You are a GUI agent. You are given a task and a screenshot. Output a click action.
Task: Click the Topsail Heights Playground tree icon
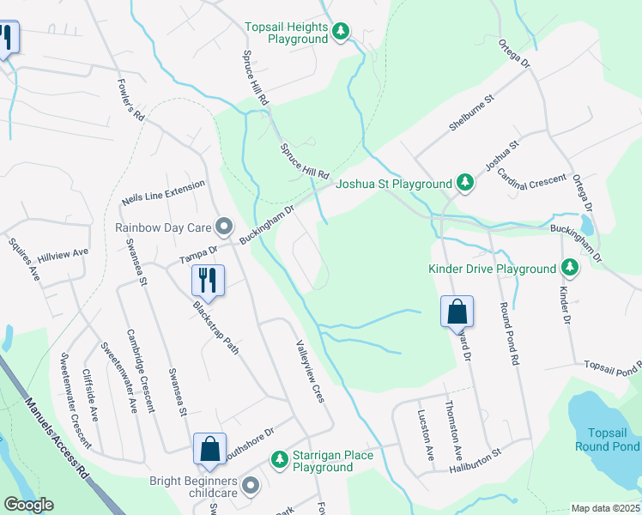coord(342,32)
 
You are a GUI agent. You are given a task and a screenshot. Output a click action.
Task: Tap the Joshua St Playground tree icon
coord(464,183)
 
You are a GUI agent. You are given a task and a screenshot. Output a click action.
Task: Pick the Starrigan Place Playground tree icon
coord(279,460)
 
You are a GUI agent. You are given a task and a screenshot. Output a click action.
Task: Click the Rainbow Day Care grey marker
coord(224,227)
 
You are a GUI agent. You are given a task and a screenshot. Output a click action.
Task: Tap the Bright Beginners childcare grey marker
coord(251,486)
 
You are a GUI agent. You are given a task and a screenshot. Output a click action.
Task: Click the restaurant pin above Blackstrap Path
coord(208,279)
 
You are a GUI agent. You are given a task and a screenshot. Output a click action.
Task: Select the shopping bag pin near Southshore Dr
coord(209,448)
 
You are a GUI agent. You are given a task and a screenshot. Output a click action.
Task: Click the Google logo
coord(28,505)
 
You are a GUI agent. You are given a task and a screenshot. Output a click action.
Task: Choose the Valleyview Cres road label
coord(310,371)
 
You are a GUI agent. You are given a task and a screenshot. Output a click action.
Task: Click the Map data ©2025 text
coord(605,508)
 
